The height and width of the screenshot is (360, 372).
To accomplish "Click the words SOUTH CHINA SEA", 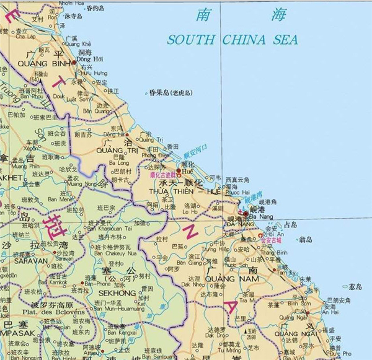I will tap(232, 40).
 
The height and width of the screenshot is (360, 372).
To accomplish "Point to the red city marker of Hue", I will tap(179, 170).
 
